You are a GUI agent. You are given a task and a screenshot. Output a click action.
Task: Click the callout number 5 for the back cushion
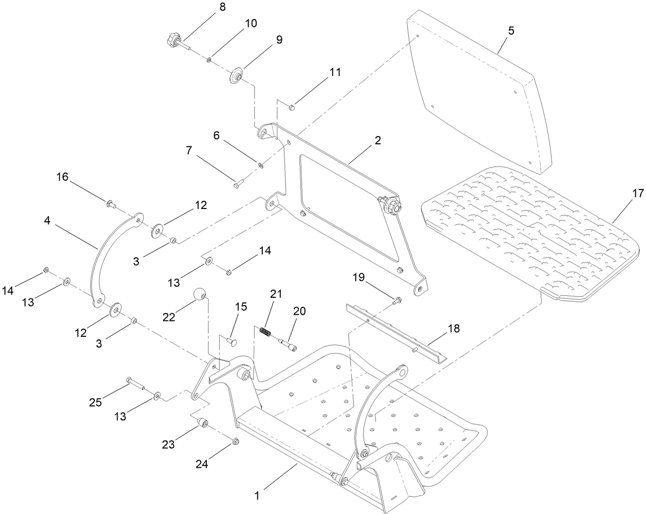[x=510, y=30]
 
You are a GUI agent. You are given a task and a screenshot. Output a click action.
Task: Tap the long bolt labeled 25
[x=135, y=383]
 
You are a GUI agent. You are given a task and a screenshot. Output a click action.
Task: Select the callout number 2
[x=377, y=140]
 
